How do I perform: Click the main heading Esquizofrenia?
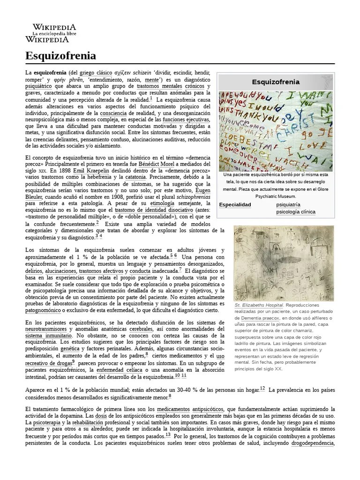click(x=60, y=56)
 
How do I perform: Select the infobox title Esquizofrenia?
click(x=276, y=82)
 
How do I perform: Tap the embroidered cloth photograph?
click(x=276, y=129)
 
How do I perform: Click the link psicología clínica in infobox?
click(x=296, y=212)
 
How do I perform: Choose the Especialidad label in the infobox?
click(x=235, y=205)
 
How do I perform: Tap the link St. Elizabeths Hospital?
click(x=259, y=305)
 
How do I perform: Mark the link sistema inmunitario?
click(x=49, y=336)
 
